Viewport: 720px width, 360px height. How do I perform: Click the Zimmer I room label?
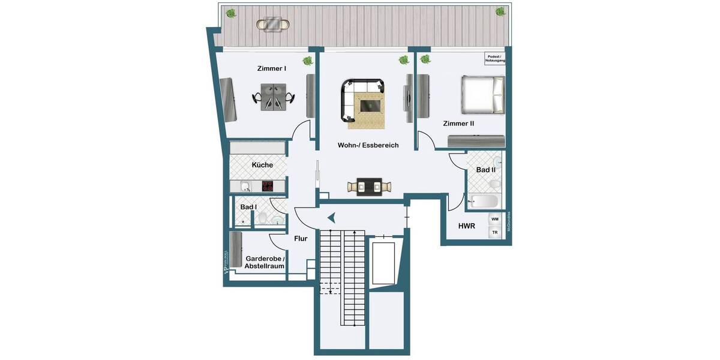(271, 68)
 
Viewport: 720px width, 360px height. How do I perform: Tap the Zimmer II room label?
(458, 124)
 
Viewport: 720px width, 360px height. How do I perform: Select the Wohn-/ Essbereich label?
(368, 145)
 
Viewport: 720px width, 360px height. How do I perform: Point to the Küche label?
(262, 165)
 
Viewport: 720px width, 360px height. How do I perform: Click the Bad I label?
(248, 207)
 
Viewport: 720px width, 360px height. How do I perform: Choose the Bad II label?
(485, 170)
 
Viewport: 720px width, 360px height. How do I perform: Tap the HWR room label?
(467, 226)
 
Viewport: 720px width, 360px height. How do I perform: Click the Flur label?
(301, 239)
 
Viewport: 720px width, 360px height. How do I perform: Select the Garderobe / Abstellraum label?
(265, 262)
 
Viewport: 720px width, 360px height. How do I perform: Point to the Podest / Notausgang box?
(496, 59)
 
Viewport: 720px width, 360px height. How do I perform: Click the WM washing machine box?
(495, 220)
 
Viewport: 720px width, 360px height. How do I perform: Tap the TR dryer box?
(495, 232)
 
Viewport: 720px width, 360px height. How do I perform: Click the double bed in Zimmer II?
(481, 94)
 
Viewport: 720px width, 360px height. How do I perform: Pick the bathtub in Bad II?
(482, 201)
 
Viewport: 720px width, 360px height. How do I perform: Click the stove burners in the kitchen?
(268, 187)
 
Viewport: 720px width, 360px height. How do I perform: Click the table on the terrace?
(273, 25)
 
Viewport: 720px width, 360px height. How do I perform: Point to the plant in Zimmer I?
(308, 61)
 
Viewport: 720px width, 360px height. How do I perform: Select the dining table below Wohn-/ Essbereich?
(368, 187)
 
